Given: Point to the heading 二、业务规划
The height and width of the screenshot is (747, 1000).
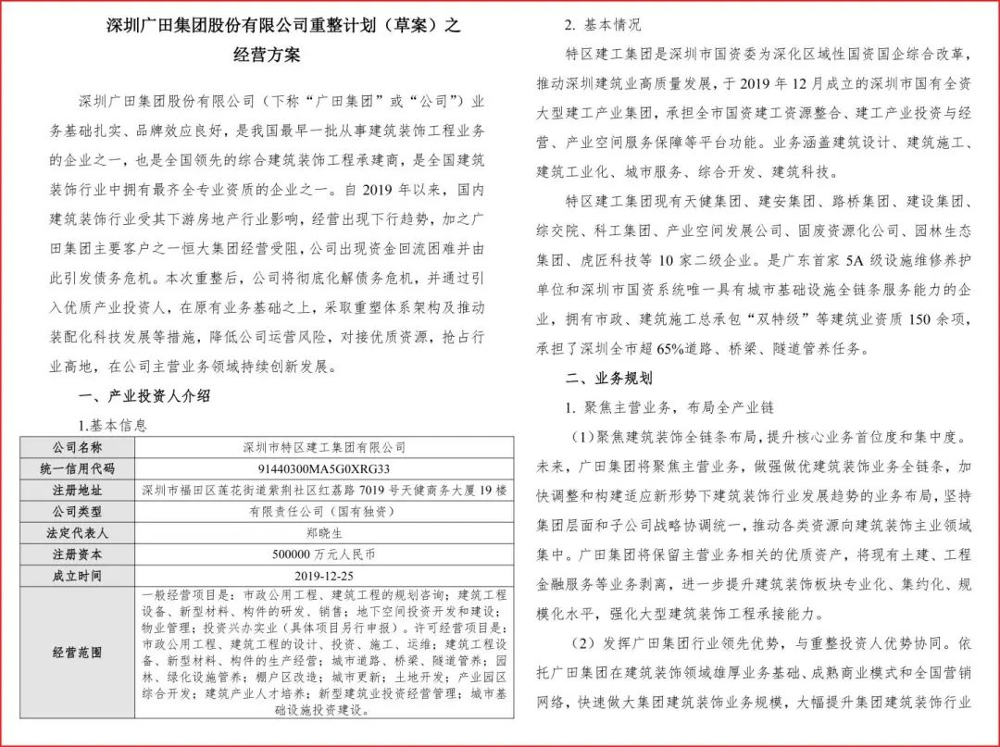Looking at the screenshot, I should [608, 379].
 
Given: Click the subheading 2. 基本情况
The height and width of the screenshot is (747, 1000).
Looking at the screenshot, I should [616, 25].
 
